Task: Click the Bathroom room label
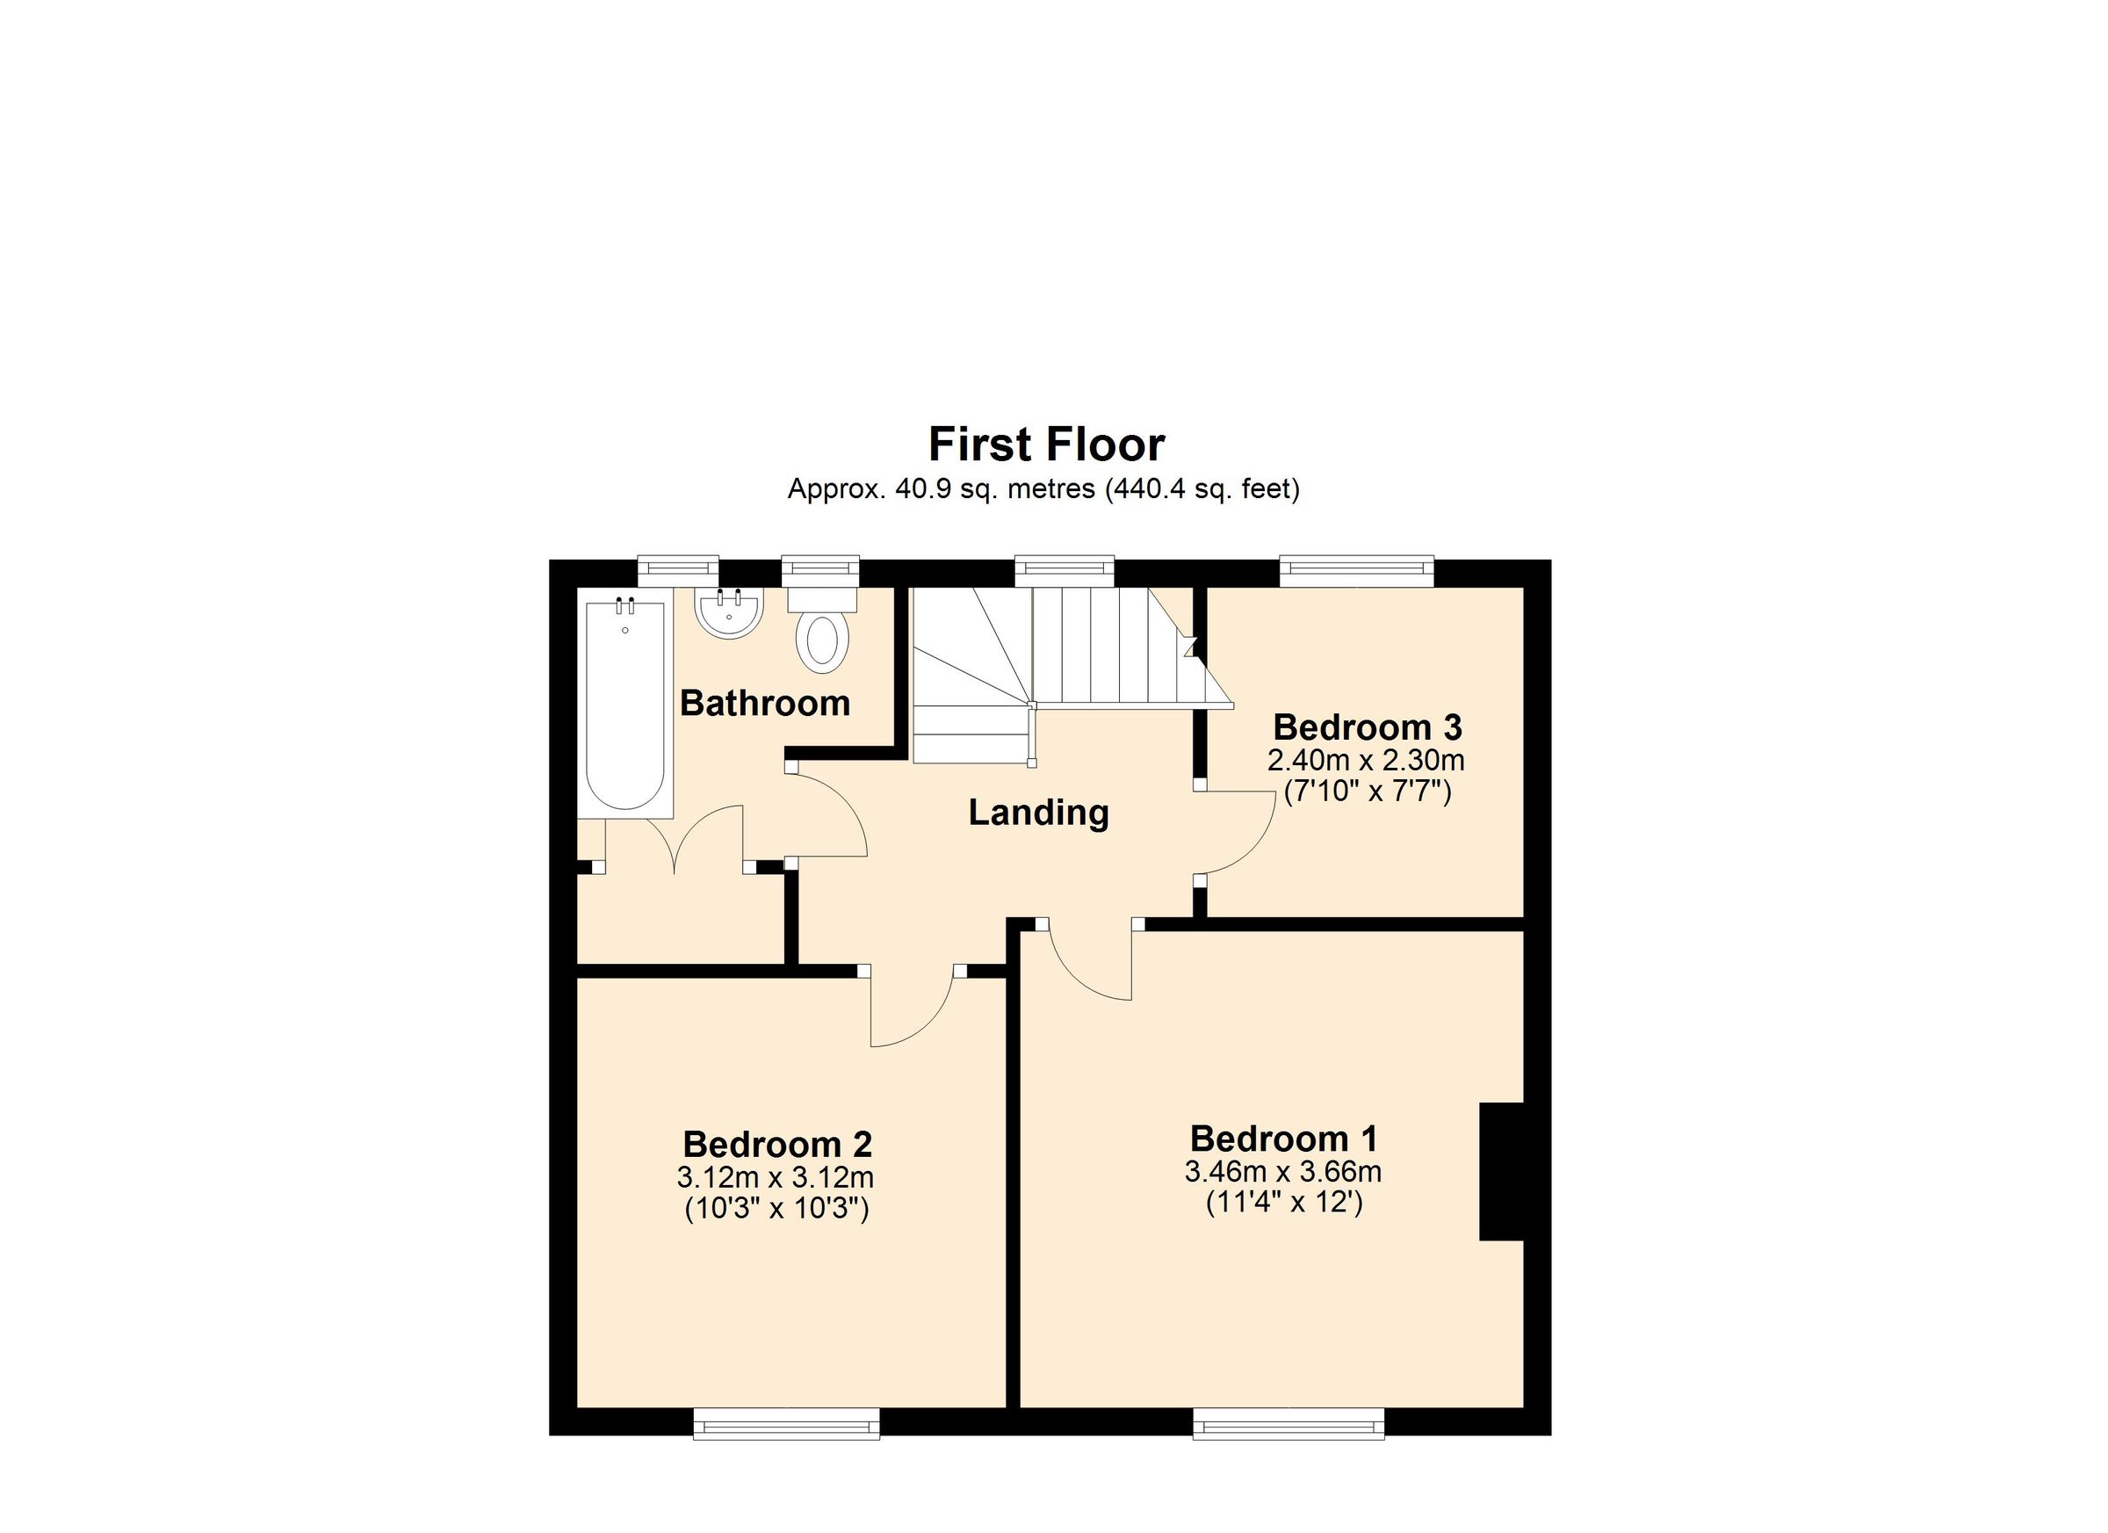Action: pyautogui.click(x=765, y=703)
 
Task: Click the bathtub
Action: pyautogui.click(x=624, y=706)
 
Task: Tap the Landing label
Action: pyautogui.click(x=1038, y=813)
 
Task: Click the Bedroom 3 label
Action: pyautogui.click(x=1368, y=727)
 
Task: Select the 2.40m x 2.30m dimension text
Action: pyautogui.click(x=1365, y=761)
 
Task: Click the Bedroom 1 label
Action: pyautogui.click(x=1283, y=1138)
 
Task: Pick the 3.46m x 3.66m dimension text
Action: pyautogui.click(x=1282, y=1171)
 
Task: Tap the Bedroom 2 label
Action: pyautogui.click(x=777, y=1144)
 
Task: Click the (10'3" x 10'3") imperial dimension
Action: pyautogui.click(x=776, y=1210)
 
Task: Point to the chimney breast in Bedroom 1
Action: pyautogui.click(x=1501, y=1170)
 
